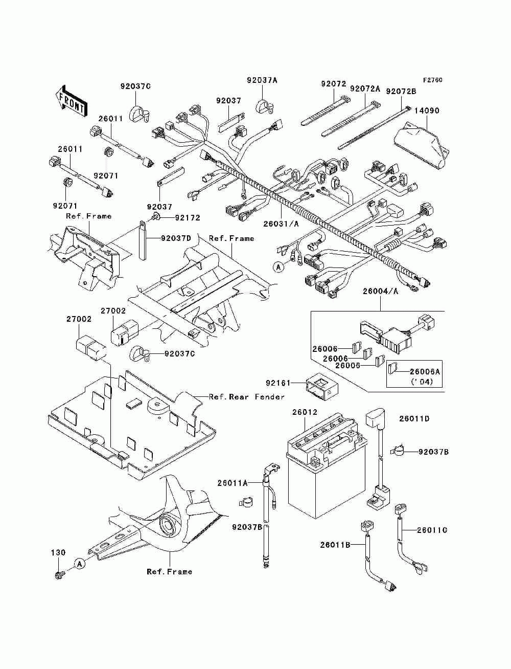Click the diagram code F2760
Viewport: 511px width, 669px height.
[432, 80]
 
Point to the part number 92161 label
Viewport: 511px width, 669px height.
[278, 383]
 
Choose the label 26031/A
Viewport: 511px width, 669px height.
[281, 224]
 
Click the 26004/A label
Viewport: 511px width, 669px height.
[380, 292]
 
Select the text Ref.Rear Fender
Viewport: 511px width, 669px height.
[247, 397]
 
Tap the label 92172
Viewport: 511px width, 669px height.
[188, 218]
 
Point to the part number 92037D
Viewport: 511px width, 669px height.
[176, 238]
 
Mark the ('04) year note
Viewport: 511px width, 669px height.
[422, 382]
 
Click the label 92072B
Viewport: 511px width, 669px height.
[401, 92]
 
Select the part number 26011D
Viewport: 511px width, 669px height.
[414, 419]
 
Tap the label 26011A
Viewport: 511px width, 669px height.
[233, 483]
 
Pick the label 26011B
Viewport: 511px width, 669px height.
[335, 545]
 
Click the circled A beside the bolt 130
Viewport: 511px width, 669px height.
[80, 564]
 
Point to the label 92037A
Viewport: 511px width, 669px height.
[262, 80]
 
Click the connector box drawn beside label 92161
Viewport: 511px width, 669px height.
[321, 386]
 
